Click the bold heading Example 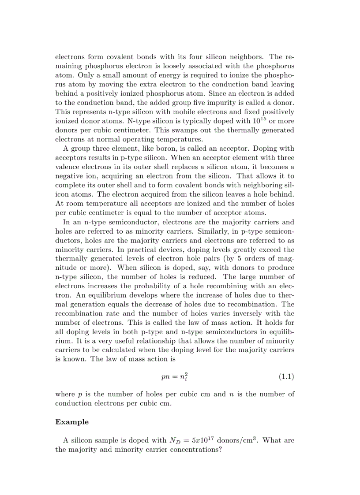[71, 422]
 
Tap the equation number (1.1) [286, 376]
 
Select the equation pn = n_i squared [176, 377]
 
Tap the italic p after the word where [81, 395]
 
